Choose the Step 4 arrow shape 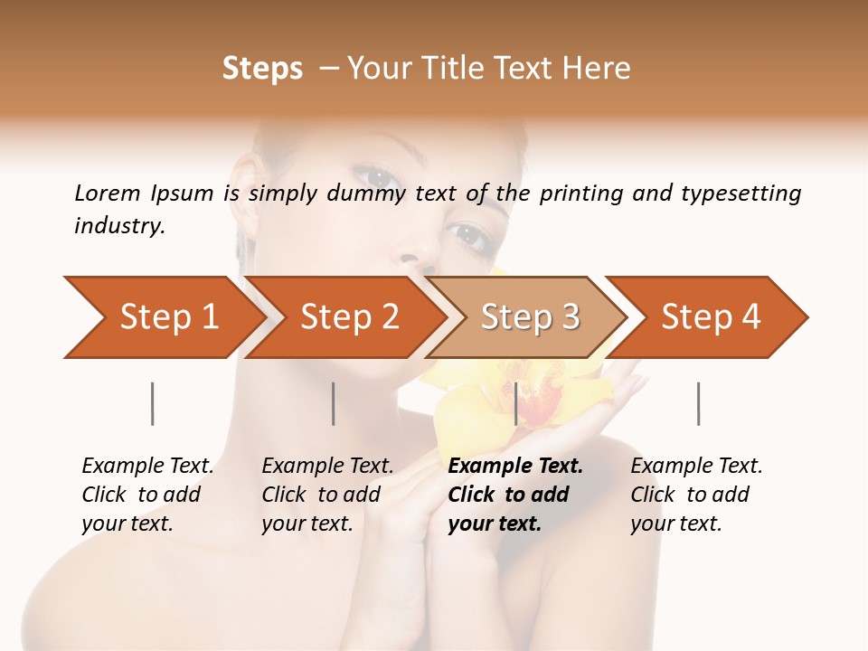(709, 317)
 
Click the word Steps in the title (262, 69)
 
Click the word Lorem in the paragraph (107, 193)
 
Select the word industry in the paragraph (119, 225)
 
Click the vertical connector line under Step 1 (153, 403)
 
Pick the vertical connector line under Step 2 (334, 403)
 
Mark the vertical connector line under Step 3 (515, 403)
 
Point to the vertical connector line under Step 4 (698, 403)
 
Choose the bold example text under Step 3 (514, 495)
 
